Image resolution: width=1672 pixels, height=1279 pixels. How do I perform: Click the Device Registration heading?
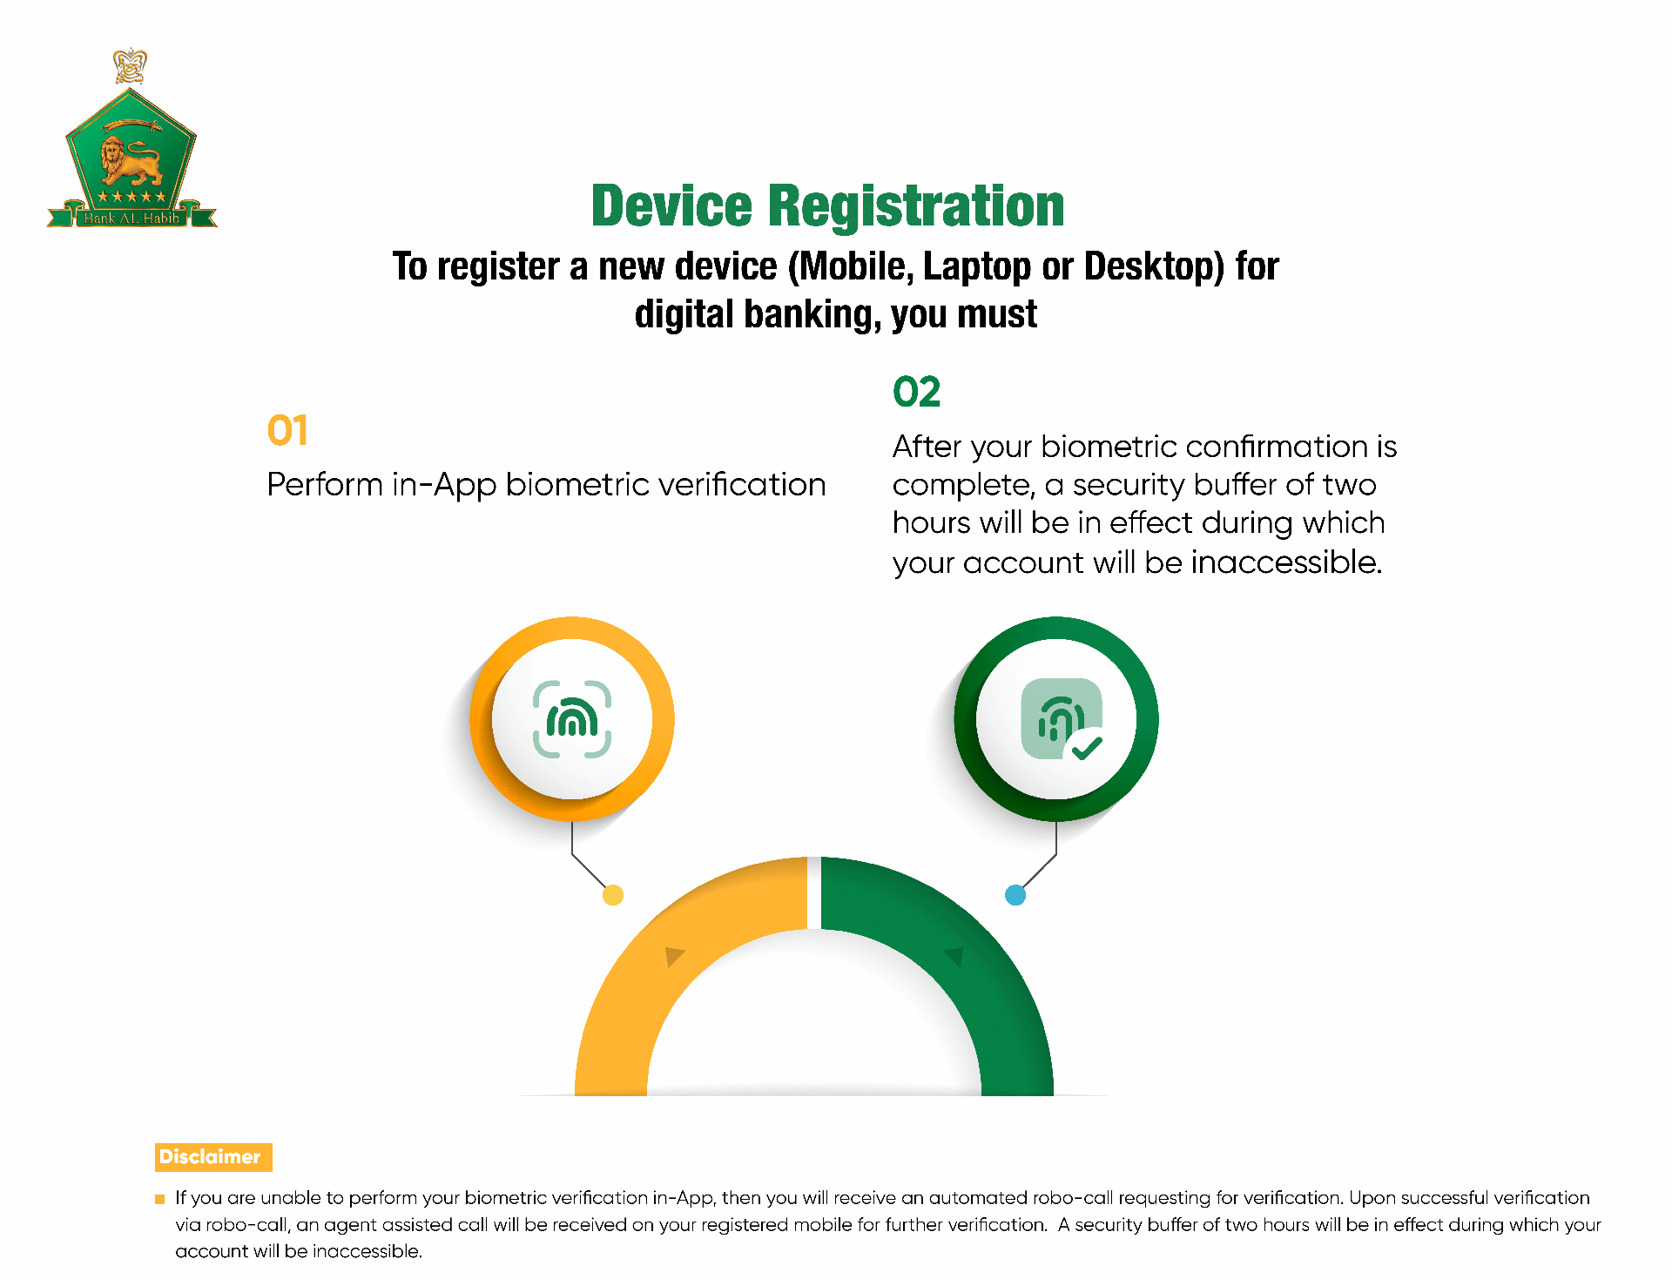point(827,206)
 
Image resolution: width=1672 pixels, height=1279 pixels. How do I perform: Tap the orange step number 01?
point(287,430)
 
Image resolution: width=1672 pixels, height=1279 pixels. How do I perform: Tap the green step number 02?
point(916,392)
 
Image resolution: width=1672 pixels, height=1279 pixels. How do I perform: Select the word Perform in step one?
point(324,485)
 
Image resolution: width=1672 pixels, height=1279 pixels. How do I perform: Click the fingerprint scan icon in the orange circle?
point(572,719)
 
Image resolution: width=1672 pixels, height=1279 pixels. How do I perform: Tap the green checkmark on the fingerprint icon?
point(1086,747)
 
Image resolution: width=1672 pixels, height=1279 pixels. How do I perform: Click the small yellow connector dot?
point(613,895)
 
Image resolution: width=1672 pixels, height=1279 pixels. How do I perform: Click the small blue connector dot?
point(1015,895)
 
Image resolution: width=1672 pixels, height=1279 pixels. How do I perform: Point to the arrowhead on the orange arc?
point(673,956)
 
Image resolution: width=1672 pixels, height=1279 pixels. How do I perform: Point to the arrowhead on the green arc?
point(955,956)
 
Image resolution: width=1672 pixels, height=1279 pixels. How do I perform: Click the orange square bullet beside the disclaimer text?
point(159,1199)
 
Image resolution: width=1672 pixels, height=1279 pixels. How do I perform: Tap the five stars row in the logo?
point(131,197)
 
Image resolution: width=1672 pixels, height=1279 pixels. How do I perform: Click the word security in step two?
point(1132,485)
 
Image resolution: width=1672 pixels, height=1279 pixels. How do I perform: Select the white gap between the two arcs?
point(814,893)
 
